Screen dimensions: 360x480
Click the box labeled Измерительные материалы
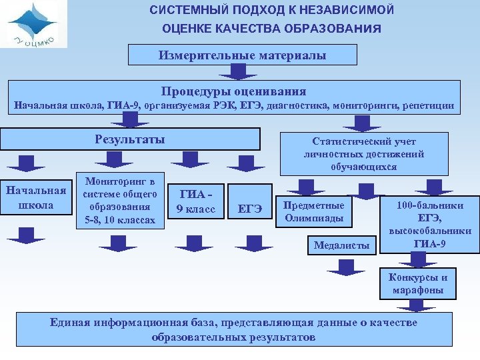coord(242,55)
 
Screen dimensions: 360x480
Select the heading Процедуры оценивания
coord(233,91)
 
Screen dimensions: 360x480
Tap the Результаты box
coord(130,139)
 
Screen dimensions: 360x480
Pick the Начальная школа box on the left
coord(36,198)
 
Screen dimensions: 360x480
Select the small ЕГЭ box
coord(250,210)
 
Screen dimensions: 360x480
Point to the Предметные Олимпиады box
coord(314,211)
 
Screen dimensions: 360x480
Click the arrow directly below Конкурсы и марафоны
coord(417,305)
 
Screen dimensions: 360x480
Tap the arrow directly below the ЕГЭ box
coord(250,242)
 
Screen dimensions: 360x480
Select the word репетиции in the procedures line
coord(429,105)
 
